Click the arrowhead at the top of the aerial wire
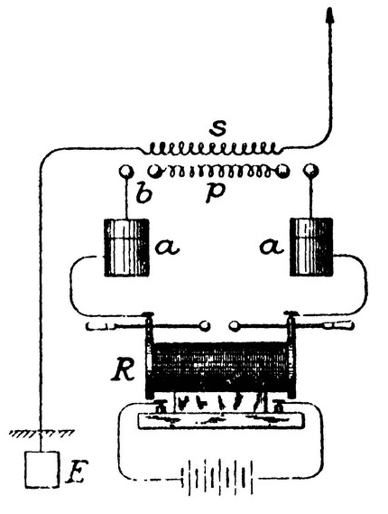(x=329, y=14)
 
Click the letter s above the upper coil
(x=217, y=129)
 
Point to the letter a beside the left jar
(x=167, y=247)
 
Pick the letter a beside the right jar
(x=272, y=247)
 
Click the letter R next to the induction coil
(x=123, y=371)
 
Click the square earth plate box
(x=42, y=469)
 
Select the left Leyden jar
(x=126, y=248)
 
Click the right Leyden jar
(x=311, y=248)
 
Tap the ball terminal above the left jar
(x=126, y=171)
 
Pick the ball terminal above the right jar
(x=311, y=171)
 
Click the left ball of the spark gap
(x=205, y=326)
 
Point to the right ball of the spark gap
(x=235, y=326)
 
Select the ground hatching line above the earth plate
(x=42, y=433)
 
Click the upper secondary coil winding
(x=213, y=148)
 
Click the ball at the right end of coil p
(x=282, y=171)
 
